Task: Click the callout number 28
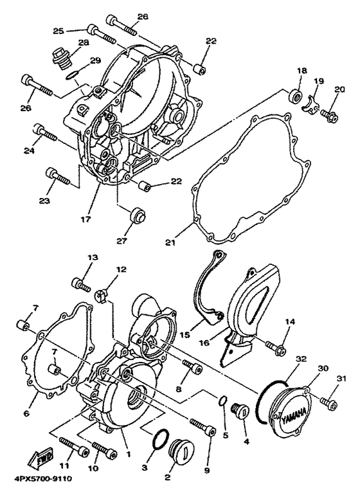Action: [83, 42]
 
